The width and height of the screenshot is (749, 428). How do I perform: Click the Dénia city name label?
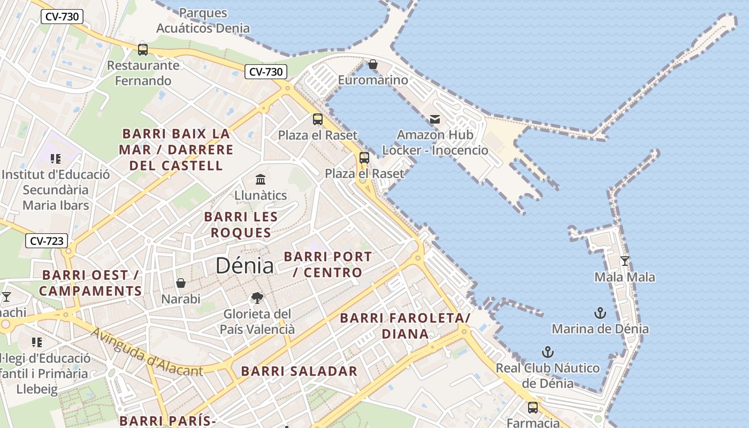pyautogui.click(x=244, y=266)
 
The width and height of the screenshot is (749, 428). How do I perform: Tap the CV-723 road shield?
pyautogui.click(x=47, y=241)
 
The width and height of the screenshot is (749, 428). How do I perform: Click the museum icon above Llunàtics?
pyautogui.click(x=261, y=179)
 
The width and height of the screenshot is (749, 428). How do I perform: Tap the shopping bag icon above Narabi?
pyautogui.click(x=181, y=282)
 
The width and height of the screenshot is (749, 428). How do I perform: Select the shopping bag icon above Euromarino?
pyautogui.click(x=373, y=65)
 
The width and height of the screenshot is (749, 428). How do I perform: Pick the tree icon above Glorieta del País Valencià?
pyautogui.click(x=257, y=298)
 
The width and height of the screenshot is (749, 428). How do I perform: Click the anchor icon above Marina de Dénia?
pyautogui.click(x=600, y=313)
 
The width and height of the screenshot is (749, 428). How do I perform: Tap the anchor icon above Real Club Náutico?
pyautogui.click(x=547, y=352)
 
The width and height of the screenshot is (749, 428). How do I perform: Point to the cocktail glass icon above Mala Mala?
pyautogui.click(x=624, y=261)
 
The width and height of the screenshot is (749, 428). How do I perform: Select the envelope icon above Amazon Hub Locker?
pyautogui.click(x=435, y=119)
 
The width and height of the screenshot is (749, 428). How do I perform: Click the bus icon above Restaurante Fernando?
pyautogui.click(x=143, y=50)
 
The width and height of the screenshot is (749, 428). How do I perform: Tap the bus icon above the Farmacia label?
pyautogui.click(x=533, y=408)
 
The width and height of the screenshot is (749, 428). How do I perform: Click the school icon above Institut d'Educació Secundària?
pyautogui.click(x=56, y=159)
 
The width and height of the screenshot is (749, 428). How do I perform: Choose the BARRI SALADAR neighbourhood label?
pyautogui.click(x=299, y=371)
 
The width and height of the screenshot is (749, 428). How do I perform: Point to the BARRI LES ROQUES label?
pyautogui.click(x=241, y=225)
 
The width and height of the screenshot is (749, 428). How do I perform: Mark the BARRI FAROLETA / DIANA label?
pyautogui.click(x=405, y=326)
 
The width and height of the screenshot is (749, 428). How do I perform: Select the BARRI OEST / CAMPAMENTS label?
pyautogui.click(x=90, y=283)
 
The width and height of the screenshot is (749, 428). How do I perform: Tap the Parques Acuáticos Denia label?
pyautogui.click(x=203, y=20)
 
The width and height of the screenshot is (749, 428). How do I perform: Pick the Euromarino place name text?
pyautogui.click(x=373, y=80)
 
